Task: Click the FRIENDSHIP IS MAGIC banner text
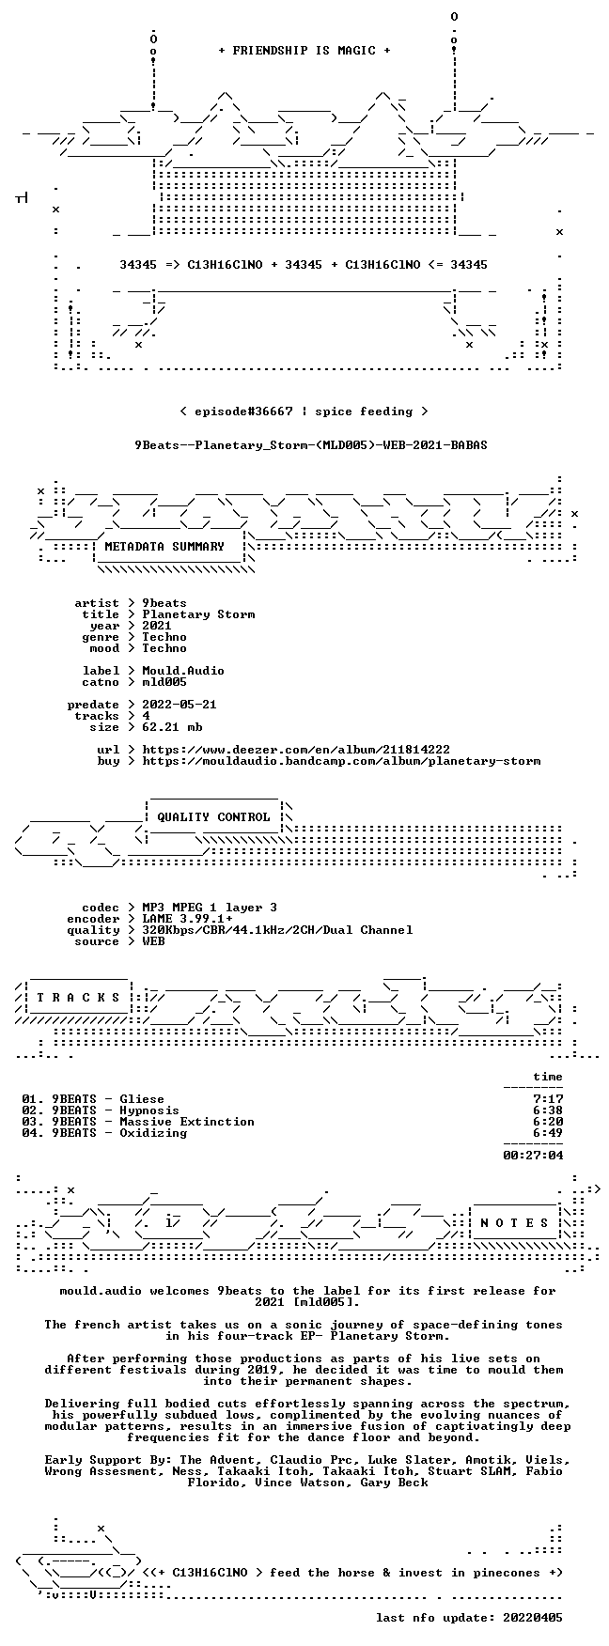[x=304, y=51]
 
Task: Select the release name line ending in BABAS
[x=311, y=445]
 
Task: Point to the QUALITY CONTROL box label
[x=213, y=817]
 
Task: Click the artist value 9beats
[x=164, y=603]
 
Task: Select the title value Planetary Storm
[x=198, y=614]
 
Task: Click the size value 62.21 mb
[x=172, y=727]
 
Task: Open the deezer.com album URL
[x=296, y=750]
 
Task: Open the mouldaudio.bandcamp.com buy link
[x=341, y=761]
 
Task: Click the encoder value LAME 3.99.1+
[x=187, y=919]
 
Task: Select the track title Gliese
[x=142, y=1099]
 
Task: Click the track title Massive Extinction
[x=187, y=1122]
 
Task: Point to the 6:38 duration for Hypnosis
[x=548, y=1110]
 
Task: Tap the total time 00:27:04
[x=533, y=1156]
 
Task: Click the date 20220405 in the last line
[x=533, y=1618]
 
